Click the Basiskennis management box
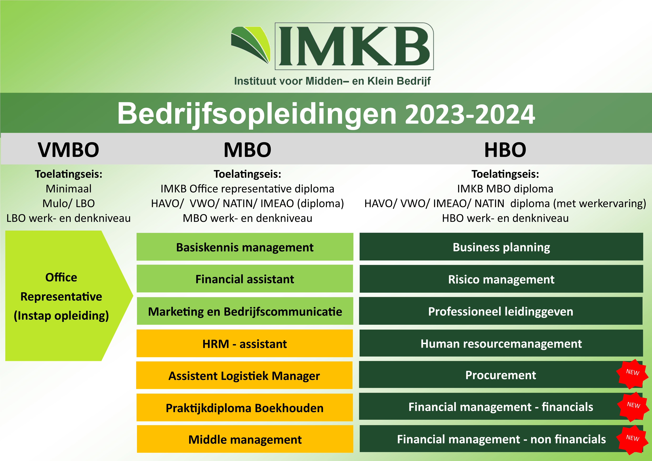[245, 247]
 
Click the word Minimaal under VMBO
[69, 189]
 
